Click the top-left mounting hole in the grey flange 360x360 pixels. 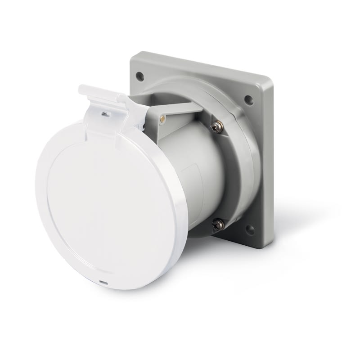140,76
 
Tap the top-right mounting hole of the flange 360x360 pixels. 248,100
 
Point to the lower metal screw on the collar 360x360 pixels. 219,223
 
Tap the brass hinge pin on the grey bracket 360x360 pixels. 162,119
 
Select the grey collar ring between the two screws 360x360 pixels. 245,175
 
